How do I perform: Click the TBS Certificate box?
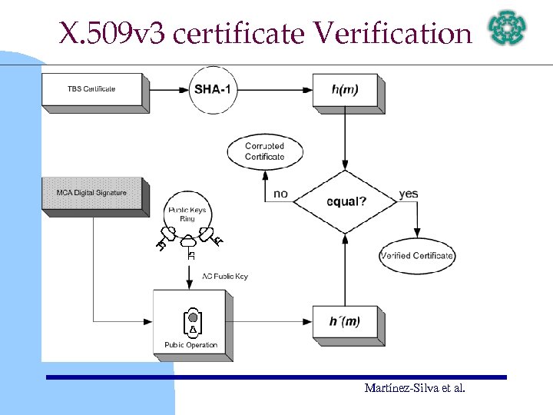91,89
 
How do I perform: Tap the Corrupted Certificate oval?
265,151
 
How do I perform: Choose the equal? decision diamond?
345,201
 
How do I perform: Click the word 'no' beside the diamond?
281,194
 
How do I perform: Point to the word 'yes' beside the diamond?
409,194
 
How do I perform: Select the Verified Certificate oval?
417,256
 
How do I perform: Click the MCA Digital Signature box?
91,193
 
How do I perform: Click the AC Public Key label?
225,276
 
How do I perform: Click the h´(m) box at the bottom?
346,320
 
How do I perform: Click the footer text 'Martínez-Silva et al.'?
415,388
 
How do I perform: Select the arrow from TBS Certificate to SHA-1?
168,90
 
